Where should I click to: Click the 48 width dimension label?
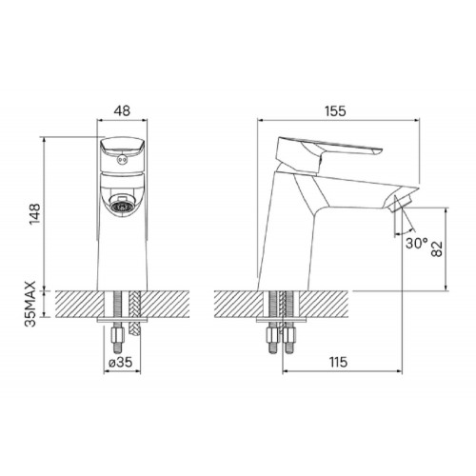[122, 111]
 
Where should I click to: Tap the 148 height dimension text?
[35, 214]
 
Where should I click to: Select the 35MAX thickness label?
[30, 304]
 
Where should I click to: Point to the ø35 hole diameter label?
[120, 362]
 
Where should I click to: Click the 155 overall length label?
[335, 111]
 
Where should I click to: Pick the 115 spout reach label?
[338, 362]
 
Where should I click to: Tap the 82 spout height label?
[437, 249]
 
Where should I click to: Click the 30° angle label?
[417, 244]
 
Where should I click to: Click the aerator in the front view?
[122, 205]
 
